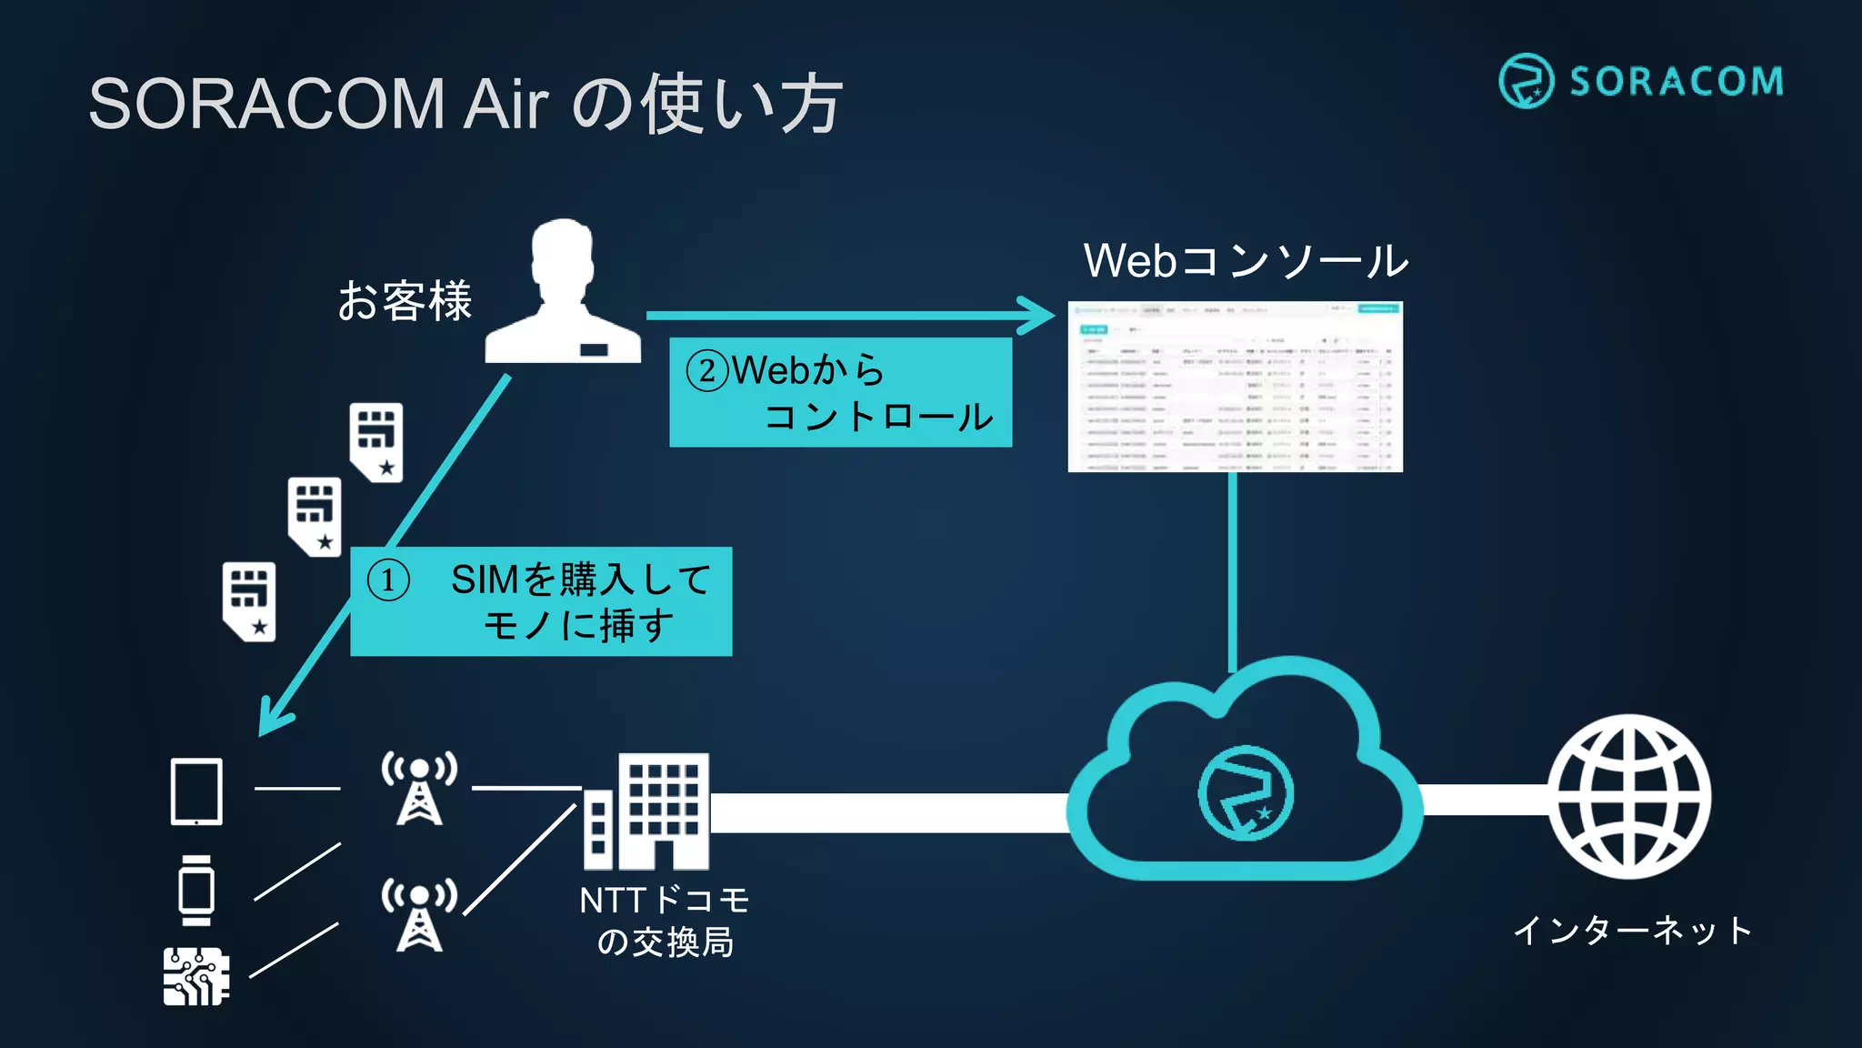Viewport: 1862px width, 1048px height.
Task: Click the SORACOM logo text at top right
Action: tap(1676, 82)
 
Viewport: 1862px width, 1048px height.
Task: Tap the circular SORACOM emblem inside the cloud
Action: tap(1245, 793)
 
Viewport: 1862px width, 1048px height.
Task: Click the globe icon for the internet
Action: tap(1629, 797)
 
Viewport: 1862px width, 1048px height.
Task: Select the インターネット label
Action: tap(1632, 931)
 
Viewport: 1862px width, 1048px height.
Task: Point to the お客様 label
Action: tap(405, 301)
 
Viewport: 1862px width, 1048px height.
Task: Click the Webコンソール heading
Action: tap(1246, 261)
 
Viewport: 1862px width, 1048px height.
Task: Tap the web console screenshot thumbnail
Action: tap(1235, 387)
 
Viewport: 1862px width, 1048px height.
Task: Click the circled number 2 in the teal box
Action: tap(706, 371)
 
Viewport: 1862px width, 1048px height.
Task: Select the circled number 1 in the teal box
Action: tap(388, 580)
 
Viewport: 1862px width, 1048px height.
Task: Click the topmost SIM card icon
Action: tap(376, 442)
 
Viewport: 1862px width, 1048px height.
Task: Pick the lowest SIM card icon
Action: tap(249, 601)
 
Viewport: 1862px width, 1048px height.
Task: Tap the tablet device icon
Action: tap(196, 791)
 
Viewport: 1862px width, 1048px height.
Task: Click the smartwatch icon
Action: tap(196, 890)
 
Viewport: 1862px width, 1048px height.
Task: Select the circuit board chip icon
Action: tap(195, 976)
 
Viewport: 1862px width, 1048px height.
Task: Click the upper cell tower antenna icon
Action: tap(419, 788)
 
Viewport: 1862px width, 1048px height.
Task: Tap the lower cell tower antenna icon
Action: tap(419, 914)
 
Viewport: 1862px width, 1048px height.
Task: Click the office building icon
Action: tap(646, 811)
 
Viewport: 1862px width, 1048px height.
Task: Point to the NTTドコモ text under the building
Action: tap(665, 901)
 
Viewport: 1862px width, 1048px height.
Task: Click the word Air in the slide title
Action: tap(506, 104)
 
